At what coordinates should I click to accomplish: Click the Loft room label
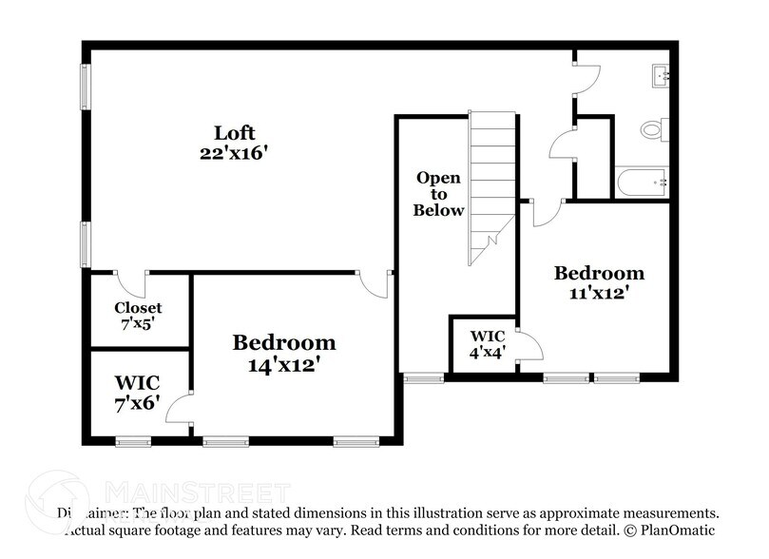click(x=235, y=132)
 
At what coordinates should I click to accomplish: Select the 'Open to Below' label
click(x=438, y=194)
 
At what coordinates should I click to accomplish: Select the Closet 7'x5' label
click(x=138, y=316)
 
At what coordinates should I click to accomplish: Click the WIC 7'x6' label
click(x=138, y=392)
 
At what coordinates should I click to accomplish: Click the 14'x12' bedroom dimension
click(x=284, y=362)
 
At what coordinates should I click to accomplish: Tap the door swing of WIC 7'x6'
click(x=178, y=411)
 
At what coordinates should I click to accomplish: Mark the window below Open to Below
click(x=417, y=378)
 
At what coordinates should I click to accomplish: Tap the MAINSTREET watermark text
click(x=197, y=492)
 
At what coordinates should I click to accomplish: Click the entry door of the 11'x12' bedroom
click(x=548, y=213)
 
